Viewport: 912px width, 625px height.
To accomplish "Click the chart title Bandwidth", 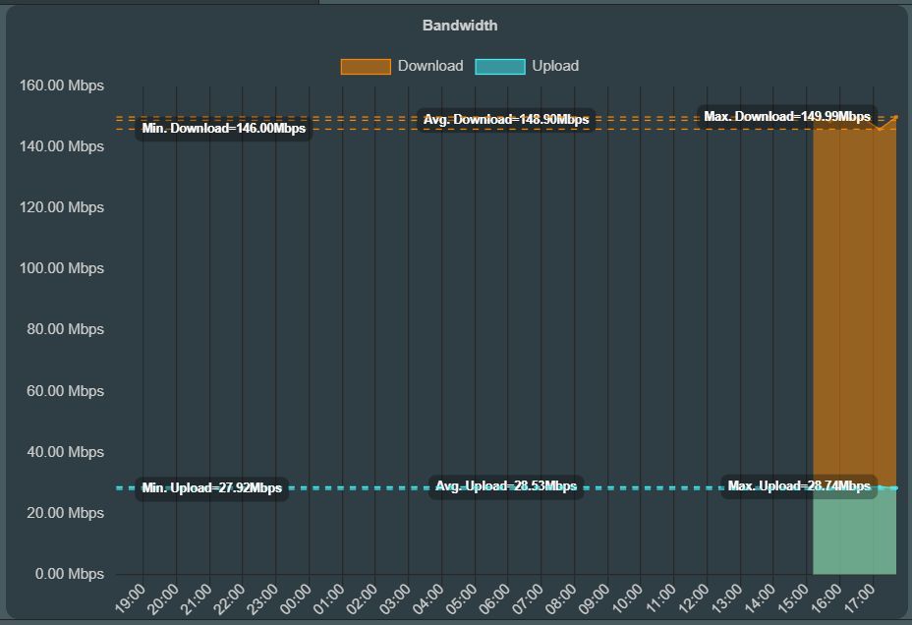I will [x=460, y=26].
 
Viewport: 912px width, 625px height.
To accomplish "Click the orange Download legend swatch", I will [x=366, y=66].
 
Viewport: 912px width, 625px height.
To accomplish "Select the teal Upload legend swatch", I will [x=499, y=66].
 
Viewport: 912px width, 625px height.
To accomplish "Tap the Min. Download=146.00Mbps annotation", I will [x=223, y=128].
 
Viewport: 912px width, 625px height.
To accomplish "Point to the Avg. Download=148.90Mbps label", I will [x=506, y=120].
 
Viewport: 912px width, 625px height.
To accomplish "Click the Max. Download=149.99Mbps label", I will [x=787, y=117].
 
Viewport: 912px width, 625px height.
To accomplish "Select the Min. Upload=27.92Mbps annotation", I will [x=211, y=488].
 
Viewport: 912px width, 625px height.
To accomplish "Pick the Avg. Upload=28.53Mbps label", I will [x=506, y=486].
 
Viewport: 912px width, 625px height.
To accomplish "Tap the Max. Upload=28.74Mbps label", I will [x=799, y=486].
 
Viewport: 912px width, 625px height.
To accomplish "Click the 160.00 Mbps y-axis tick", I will [x=62, y=85].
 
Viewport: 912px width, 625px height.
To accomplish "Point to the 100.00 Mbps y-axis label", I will [x=62, y=268].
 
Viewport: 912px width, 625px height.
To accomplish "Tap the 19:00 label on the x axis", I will [x=131, y=598].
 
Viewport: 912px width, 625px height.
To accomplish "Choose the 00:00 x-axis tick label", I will [x=296, y=598].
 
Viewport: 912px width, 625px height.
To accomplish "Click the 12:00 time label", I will [x=694, y=598].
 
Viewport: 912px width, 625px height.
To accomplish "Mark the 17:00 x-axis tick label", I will [x=860, y=598].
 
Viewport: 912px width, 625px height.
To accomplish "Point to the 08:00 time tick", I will [x=561, y=598].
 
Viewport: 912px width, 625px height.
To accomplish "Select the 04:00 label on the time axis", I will [x=428, y=598].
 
